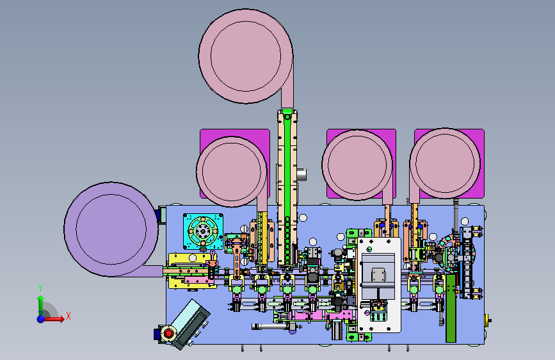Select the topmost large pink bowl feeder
pyautogui.click(x=246, y=57)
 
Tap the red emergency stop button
pyautogui.click(x=168, y=334)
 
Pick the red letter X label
pyautogui.click(x=68, y=316)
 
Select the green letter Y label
pyautogui.click(x=40, y=288)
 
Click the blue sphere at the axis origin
pyautogui.click(x=41, y=319)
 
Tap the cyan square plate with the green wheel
pyautogui.click(x=203, y=231)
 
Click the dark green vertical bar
pyautogui.click(x=451, y=309)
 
